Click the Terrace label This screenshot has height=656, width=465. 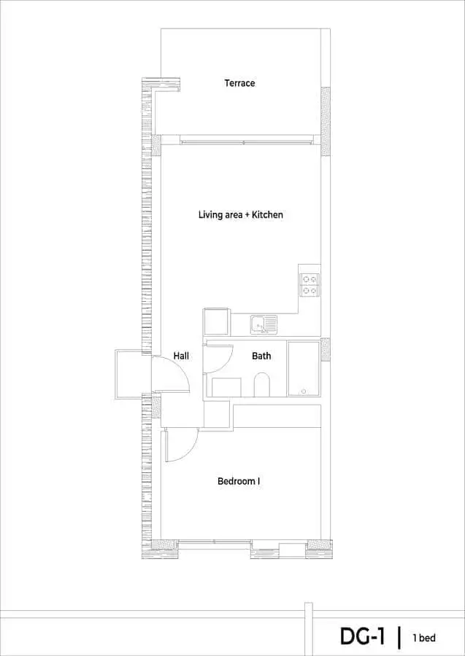point(239,83)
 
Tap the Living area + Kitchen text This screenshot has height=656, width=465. point(240,215)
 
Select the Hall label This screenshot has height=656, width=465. point(181,356)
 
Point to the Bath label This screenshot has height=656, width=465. point(261,356)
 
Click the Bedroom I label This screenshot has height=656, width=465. point(239,482)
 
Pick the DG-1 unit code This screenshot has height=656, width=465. point(362,636)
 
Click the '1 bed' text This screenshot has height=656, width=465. point(423,638)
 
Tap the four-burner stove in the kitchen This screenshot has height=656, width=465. point(310,285)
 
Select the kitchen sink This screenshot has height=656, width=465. point(264,324)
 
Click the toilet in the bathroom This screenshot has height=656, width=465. point(262,384)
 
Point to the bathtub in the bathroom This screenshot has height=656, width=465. point(304,368)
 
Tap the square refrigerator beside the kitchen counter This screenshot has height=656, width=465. point(217,321)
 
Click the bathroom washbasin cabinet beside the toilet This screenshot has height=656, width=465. point(226,388)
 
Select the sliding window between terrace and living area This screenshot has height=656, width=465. point(247,142)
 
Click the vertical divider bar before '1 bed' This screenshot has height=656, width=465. point(399,637)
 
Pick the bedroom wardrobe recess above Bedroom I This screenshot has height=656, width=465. point(277,416)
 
